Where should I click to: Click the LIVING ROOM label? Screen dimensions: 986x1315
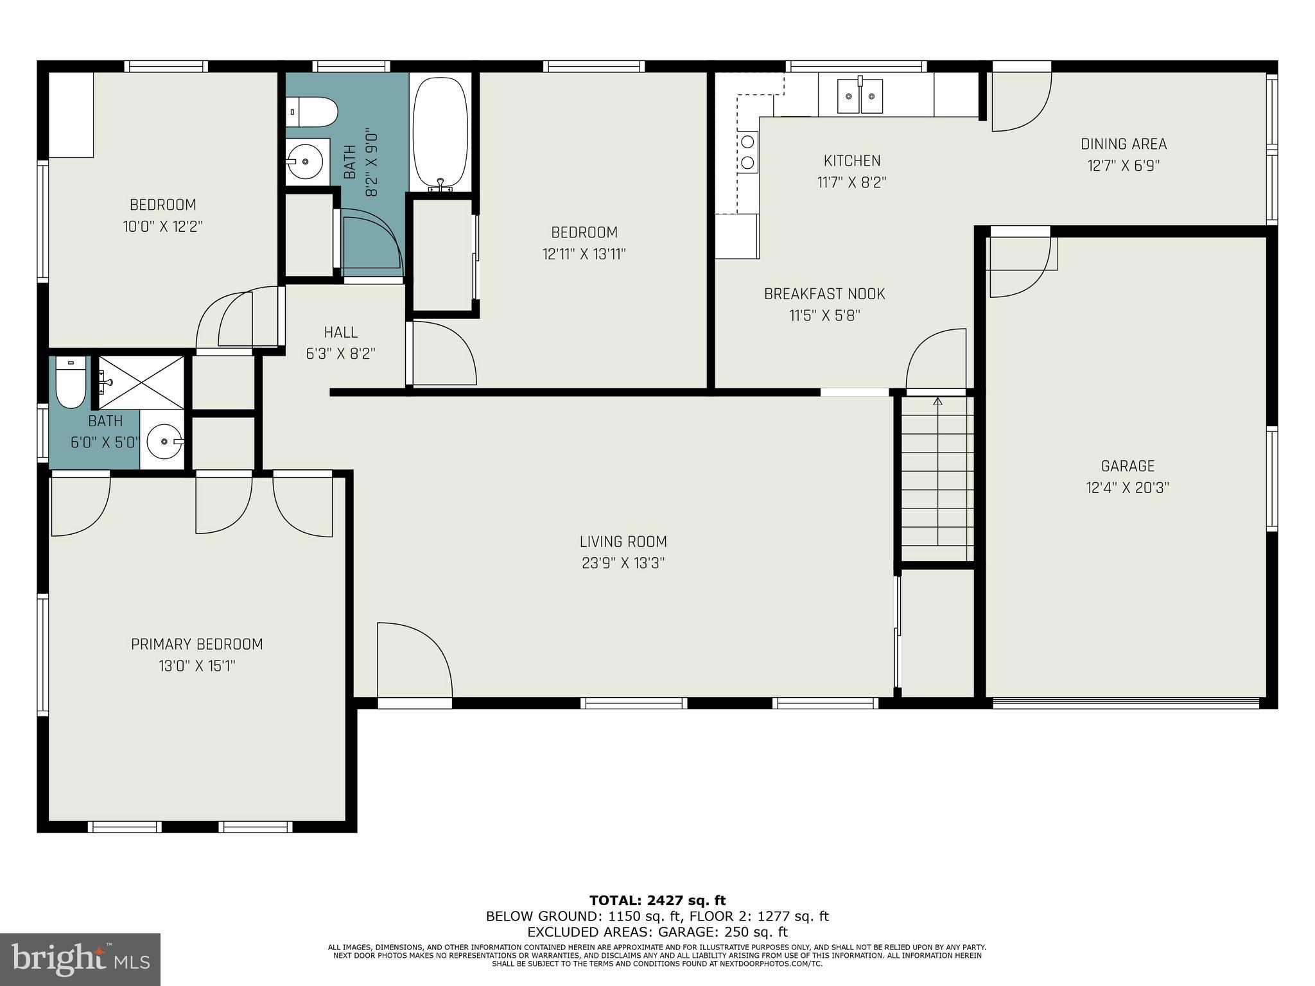click(623, 542)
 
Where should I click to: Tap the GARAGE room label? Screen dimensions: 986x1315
click(1127, 466)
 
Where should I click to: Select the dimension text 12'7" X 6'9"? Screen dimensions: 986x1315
click(1123, 166)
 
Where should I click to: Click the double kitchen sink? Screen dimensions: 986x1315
click(860, 96)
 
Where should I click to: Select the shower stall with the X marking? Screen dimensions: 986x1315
click(141, 383)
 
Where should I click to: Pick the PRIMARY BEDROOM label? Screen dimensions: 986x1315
click(196, 644)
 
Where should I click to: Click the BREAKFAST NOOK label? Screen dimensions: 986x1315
click(824, 294)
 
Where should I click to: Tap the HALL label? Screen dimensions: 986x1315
click(340, 332)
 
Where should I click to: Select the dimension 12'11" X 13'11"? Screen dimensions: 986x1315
click(584, 254)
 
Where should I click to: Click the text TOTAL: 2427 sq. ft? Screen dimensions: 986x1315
click(657, 900)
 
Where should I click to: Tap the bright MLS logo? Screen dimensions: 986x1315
click(80, 960)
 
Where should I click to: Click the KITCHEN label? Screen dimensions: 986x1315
click(851, 160)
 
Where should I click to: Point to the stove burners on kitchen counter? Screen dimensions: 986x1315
click(747, 151)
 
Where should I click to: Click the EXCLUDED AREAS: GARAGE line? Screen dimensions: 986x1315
click(657, 932)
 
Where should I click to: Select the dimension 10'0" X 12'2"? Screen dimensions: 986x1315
click(162, 227)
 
